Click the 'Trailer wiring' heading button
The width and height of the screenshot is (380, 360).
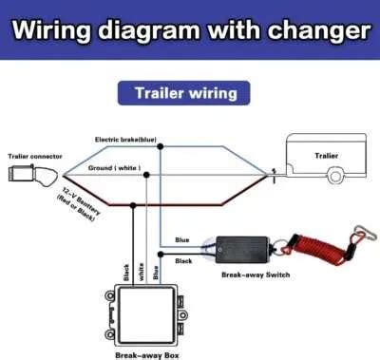point(184,93)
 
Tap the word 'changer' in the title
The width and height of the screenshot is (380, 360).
point(319,30)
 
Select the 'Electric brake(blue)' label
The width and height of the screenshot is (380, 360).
point(125,140)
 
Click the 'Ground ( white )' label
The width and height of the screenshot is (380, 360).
point(114,168)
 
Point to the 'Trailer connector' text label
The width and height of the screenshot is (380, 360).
point(35,156)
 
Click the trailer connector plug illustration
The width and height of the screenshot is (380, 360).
point(33,174)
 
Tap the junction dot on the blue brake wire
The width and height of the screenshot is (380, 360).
point(161,146)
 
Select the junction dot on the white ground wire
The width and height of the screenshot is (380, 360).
point(146,175)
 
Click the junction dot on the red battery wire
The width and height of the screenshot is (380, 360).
point(133,205)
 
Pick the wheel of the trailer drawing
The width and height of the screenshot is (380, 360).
point(335,176)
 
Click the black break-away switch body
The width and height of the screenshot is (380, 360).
point(242,250)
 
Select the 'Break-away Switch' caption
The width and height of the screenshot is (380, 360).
point(256,275)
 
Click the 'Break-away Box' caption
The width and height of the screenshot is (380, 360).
point(147,355)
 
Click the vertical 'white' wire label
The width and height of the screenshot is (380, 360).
point(142,272)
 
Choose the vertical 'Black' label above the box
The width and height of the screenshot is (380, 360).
point(126,273)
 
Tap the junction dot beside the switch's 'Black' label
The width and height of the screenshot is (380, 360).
point(161,255)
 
